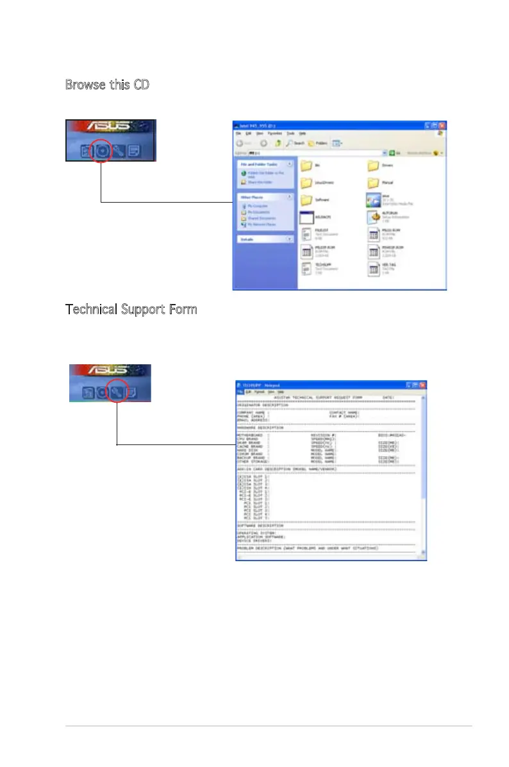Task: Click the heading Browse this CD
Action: point(107,84)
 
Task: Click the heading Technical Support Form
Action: point(131,309)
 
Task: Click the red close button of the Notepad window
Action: point(422,384)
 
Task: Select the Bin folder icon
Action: point(306,166)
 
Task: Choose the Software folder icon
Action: point(306,199)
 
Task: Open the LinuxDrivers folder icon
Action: point(306,183)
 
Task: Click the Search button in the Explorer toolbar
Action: point(294,143)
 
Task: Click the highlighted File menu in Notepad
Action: point(239,391)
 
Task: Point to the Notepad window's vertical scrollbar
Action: point(424,475)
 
